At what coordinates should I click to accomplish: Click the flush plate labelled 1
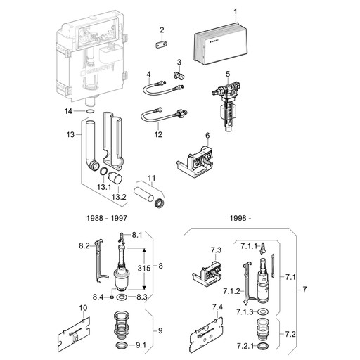(x=221, y=44)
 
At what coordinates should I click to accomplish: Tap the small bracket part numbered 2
(x=162, y=44)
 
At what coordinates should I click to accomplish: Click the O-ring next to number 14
(x=90, y=111)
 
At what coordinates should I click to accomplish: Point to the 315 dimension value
(x=144, y=268)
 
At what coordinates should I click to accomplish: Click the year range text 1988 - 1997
(x=107, y=218)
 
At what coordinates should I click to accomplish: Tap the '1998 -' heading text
(x=240, y=218)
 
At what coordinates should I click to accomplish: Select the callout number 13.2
(x=119, y=197)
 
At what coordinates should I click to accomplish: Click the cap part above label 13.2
(x=115, y=178)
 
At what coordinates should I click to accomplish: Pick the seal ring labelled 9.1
(x=122, y=345)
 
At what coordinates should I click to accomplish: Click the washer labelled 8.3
(x=122, y=297)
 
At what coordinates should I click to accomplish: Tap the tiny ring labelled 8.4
(x=112, y=297)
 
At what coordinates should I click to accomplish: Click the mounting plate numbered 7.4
(x=207, y=332)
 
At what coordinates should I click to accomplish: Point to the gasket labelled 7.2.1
(x=263, y=346)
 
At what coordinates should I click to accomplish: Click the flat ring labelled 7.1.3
(x=262, y=312)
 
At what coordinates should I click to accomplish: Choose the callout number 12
(x=158, y=134)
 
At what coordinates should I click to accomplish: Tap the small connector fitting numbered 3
(x=179, y=75)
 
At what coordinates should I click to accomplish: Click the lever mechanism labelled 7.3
(x=207, y=273)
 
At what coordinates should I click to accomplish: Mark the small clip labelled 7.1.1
(x=263, y=248)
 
